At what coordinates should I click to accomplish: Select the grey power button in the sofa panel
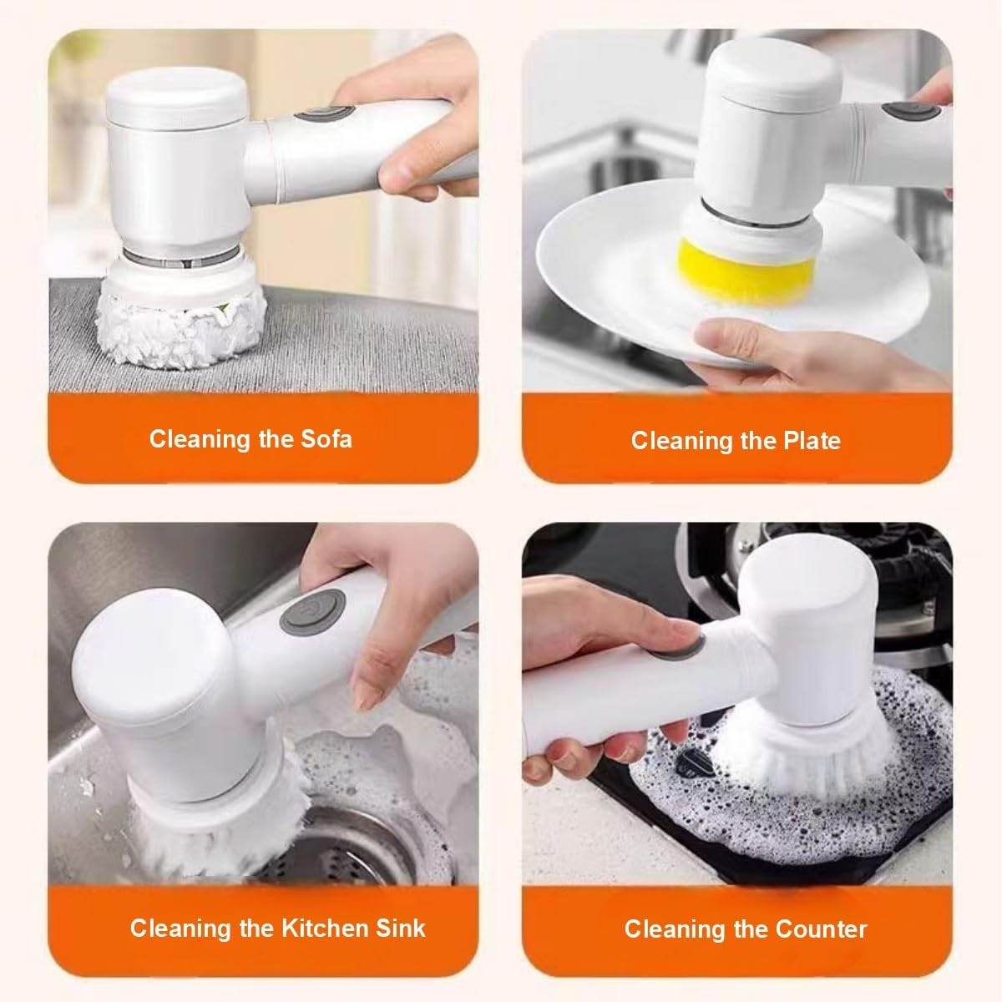[x=314, y=116]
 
